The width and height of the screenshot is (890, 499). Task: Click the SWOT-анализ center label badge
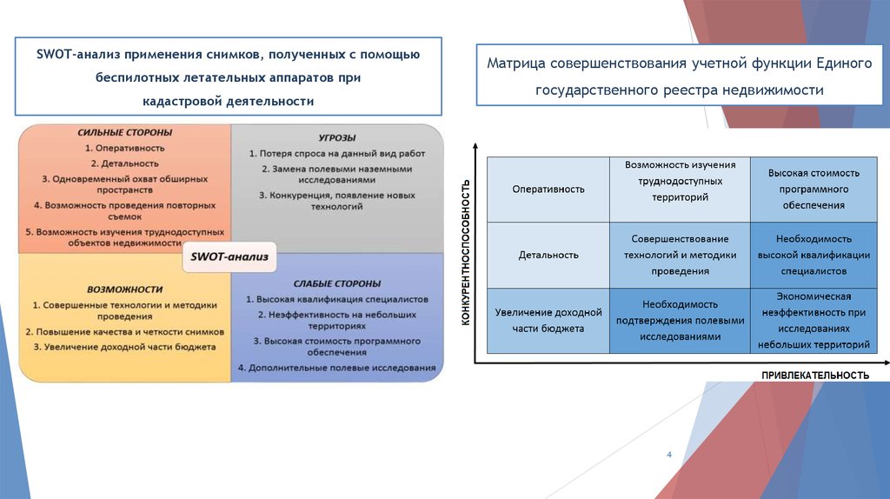(230, 256)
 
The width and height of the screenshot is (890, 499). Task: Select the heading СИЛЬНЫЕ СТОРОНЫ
(125, 133)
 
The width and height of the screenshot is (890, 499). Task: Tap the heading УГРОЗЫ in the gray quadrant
(337, 137)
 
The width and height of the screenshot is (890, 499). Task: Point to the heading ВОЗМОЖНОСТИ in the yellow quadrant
(125, 289)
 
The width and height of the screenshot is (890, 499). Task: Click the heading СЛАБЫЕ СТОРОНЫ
(337, 283)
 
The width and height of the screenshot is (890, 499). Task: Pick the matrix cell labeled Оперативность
(548, 189)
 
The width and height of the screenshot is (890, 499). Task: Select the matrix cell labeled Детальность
(548, 255)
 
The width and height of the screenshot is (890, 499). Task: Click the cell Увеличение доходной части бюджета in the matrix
(548, 320)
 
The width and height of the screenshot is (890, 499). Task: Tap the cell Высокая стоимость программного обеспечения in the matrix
(812, 189)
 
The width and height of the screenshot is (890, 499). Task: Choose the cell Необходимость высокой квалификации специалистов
(812, 255)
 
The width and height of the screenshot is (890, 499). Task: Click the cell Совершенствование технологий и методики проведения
(680, 255)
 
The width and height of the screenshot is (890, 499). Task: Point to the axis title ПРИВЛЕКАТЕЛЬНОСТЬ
(815, 375)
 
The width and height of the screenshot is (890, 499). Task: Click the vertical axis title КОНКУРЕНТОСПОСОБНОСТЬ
(466, 252)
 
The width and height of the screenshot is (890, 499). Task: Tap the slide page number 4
(669, 455)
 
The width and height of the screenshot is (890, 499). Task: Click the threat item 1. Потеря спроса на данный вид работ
(335, 154)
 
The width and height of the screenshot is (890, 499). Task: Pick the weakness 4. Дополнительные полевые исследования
(337, 368)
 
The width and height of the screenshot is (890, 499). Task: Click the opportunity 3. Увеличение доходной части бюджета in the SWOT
(125, 346)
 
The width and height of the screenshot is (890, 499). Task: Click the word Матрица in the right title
(515, 63)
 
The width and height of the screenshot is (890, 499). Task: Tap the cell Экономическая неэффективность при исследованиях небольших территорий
(812, 320)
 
